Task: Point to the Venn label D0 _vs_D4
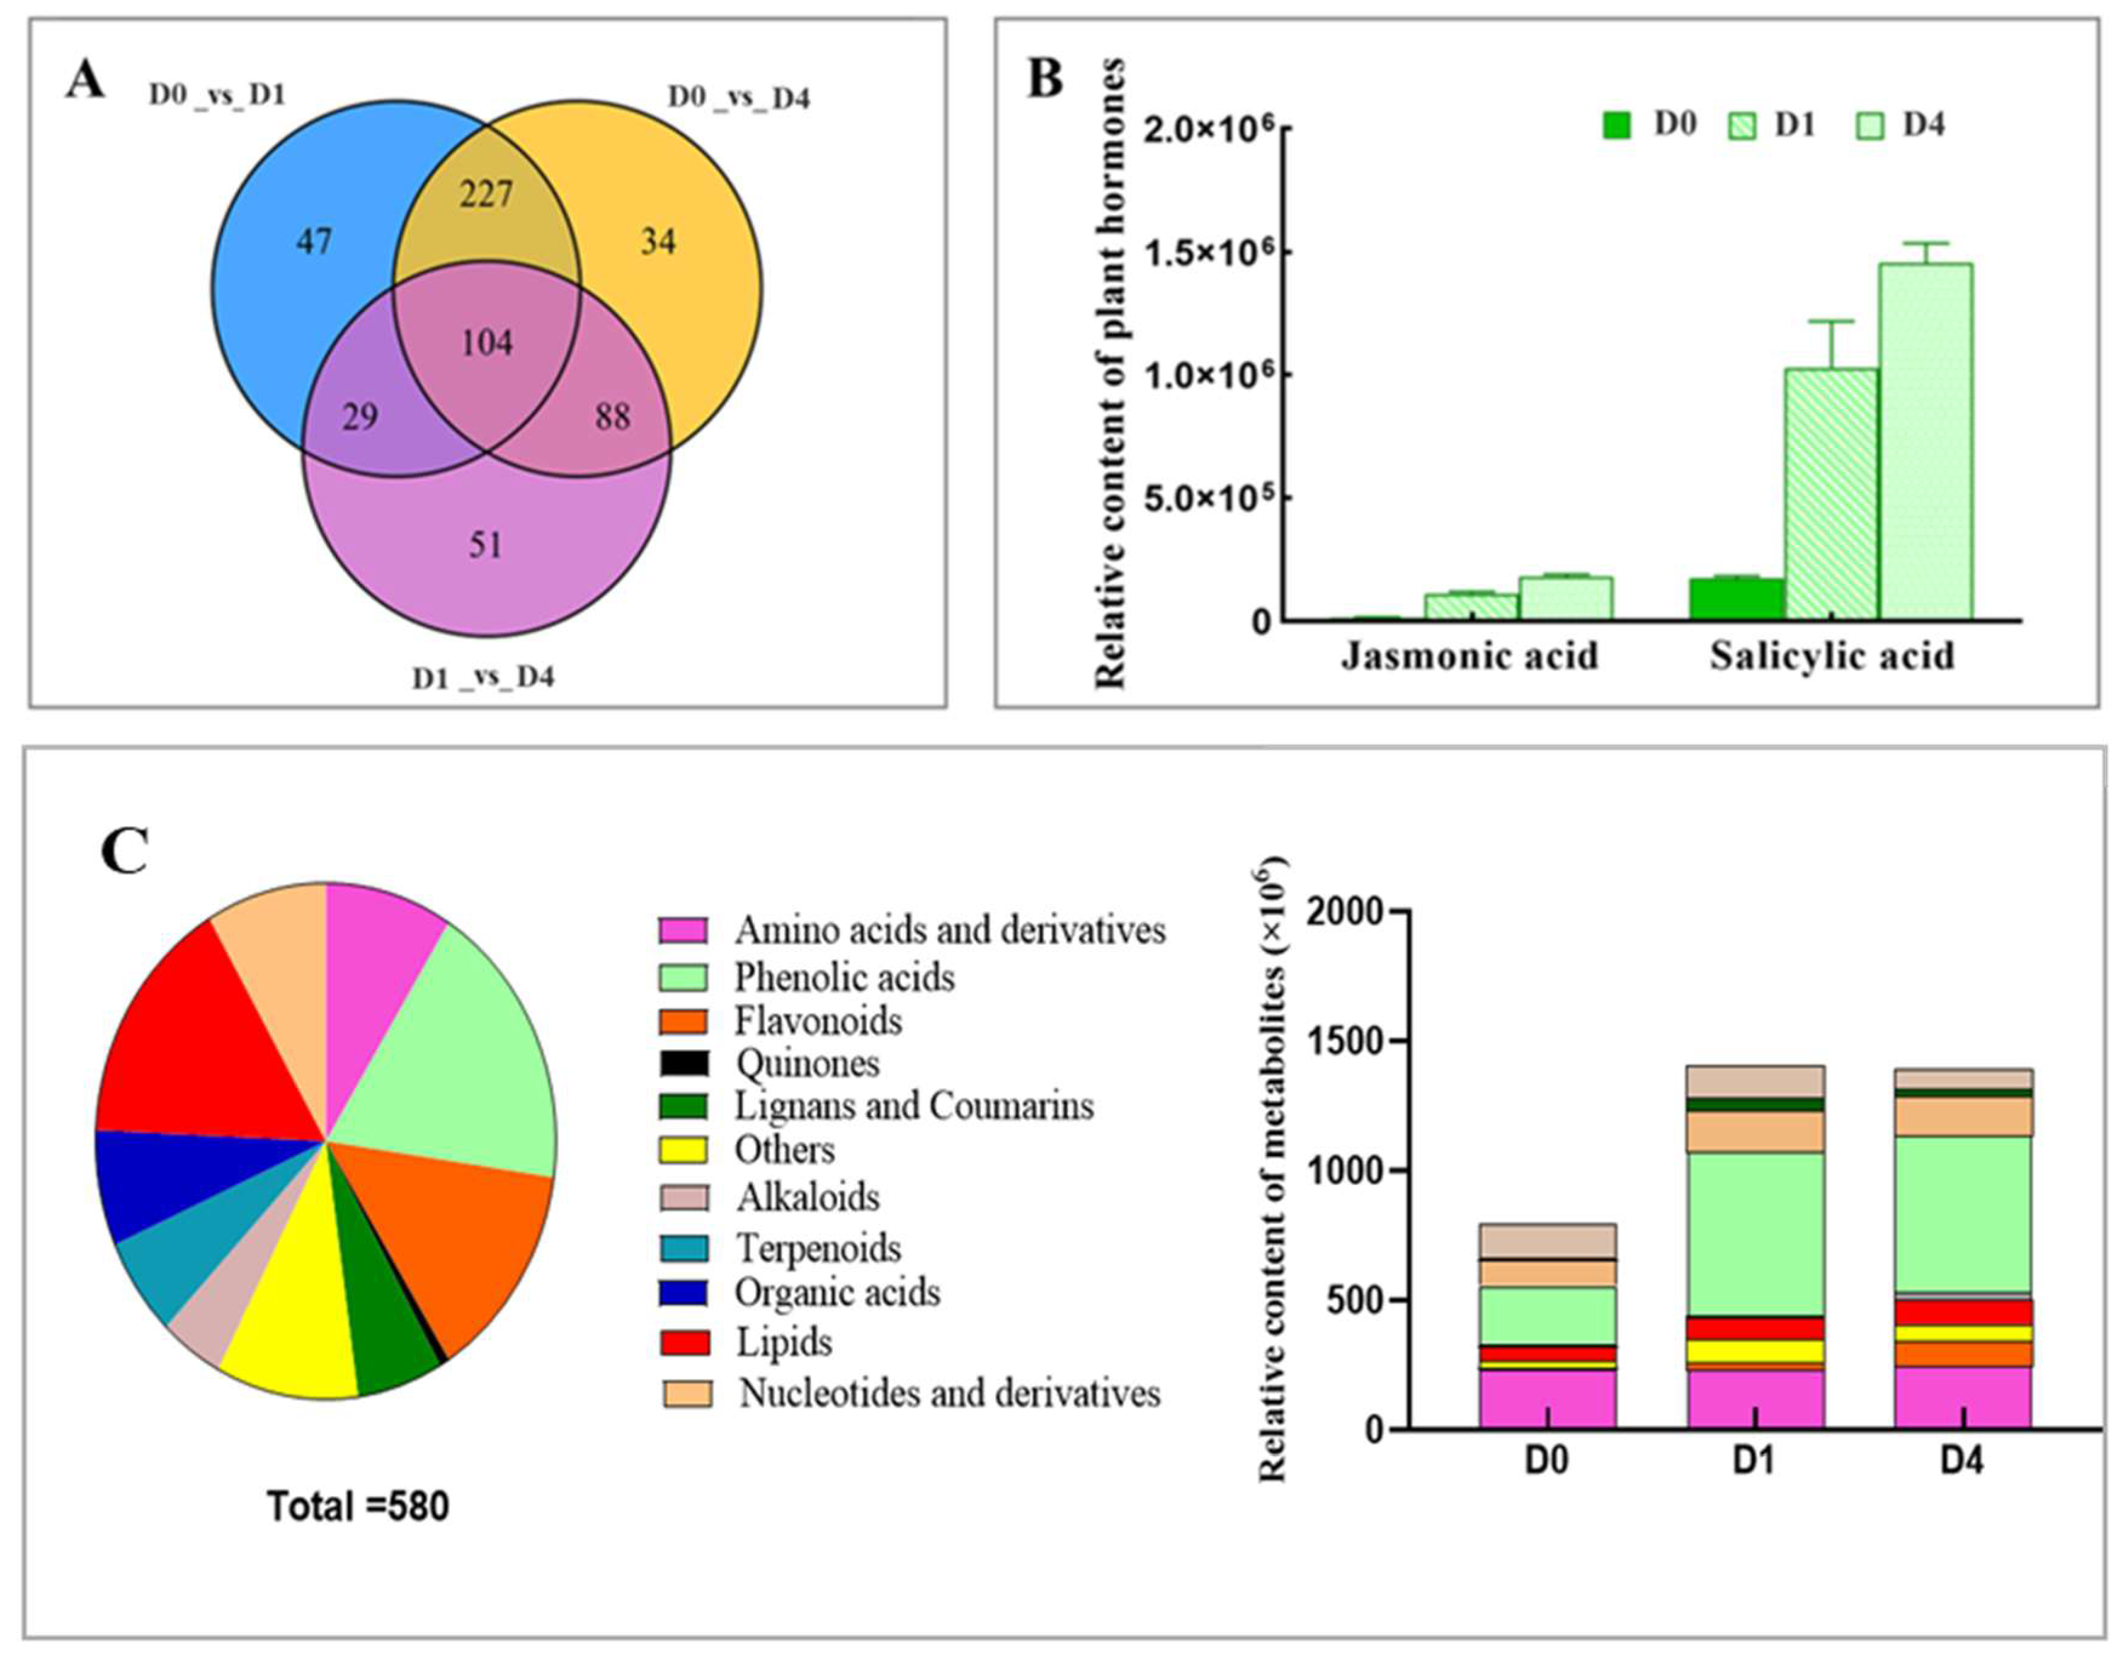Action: tap(739, 98)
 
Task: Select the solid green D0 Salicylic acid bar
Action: tap(1736, 598)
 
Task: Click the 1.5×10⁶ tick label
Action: tap(1206, 253)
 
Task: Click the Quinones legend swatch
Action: tap(685, 1063)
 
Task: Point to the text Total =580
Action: tap(358, 1507)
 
